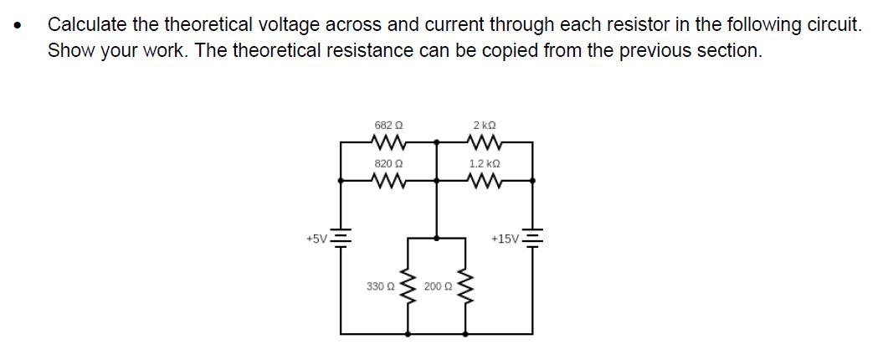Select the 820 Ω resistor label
click(388, 164)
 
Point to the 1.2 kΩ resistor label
click(485, 164)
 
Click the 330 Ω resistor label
click(380, 286)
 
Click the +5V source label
click(317, 239)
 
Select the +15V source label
click(506, 239)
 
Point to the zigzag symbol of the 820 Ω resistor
click(388, 179)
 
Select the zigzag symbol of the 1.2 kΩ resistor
click(485, 179)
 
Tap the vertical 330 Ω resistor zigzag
click(408, 286)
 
